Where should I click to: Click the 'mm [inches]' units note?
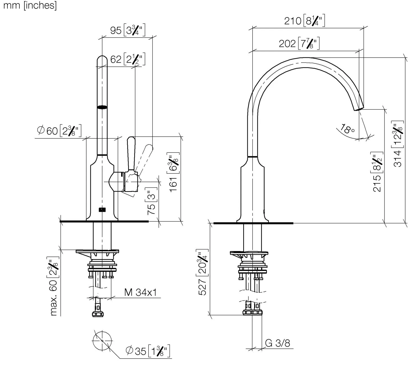tap(30, 6)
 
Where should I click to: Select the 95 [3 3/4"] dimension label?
tap(128, 30)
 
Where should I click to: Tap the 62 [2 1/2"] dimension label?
tap(128, 59)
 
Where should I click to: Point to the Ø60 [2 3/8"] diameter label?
tap(59, 130)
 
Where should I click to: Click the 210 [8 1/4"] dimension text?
tap(304, 20)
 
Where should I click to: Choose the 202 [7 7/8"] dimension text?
tap(299, 43)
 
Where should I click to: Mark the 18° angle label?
tap(347, 129)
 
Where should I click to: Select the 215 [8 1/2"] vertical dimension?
tap(377, 172)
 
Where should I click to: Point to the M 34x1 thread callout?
tap(140, 292)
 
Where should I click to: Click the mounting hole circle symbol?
tap(102, 341)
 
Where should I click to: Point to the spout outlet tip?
tap(359, 109)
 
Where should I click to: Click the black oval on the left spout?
tap(102, 107)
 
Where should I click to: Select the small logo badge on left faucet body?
tap(102, 210)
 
